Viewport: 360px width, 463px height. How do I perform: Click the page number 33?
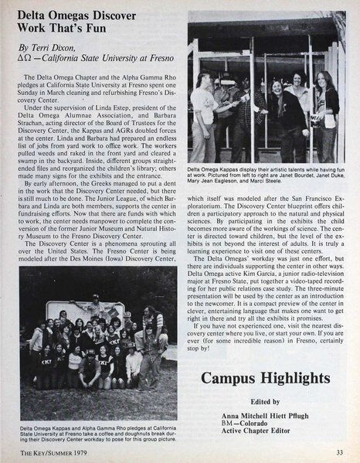(340, 451)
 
